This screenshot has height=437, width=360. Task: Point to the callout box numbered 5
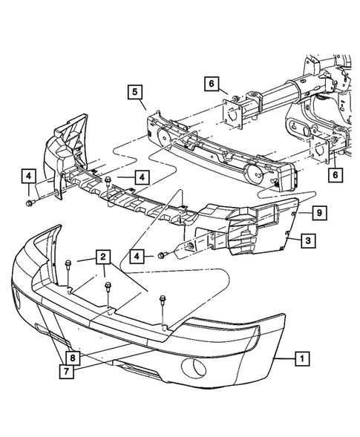134,93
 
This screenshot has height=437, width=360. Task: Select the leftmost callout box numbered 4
27,177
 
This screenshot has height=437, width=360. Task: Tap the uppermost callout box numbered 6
211,84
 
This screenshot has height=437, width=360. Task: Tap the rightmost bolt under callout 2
161,300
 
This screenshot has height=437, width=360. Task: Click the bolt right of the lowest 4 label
161,256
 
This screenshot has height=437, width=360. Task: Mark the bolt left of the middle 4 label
108,180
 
